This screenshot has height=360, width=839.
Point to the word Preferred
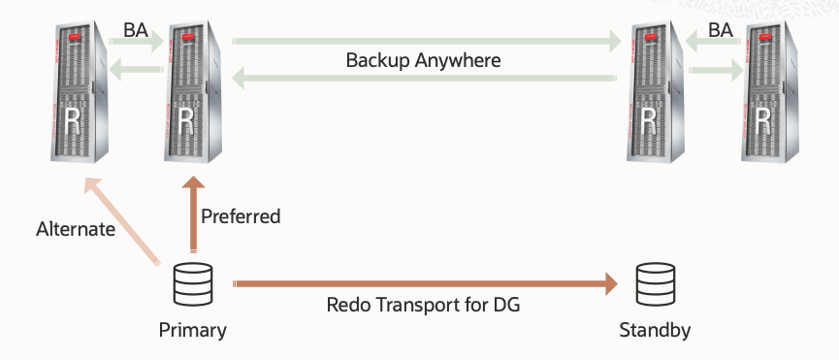[240, 216]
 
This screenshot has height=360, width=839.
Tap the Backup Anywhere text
[423, 60]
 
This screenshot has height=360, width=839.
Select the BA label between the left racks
[136, 30]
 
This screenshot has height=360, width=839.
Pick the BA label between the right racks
[721, 30]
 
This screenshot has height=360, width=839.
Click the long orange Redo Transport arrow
[425, 284]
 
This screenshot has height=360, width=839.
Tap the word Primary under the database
[192, 331]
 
